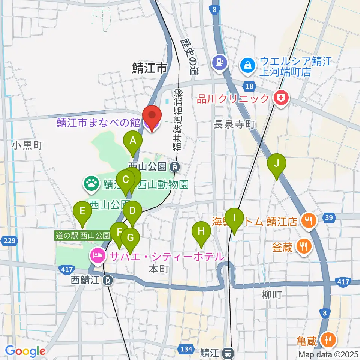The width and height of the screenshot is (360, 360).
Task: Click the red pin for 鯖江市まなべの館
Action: point(152,118)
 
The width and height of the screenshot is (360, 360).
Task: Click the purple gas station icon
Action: point(219,62)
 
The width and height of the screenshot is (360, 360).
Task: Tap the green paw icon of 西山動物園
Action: point(91,184)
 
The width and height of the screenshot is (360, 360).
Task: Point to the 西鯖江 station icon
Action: point(108,279)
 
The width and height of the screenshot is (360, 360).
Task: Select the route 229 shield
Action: point(10,240)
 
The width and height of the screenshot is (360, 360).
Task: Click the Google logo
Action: point(25,351)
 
